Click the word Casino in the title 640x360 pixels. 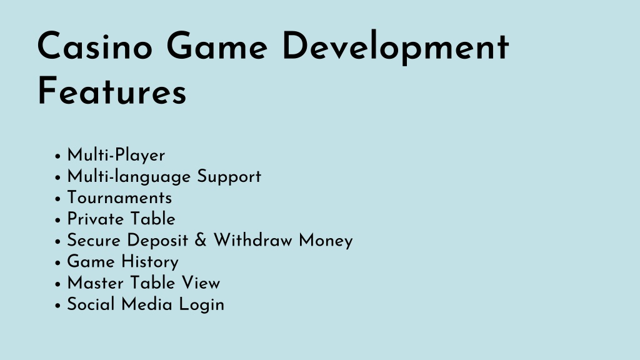pos(95,46)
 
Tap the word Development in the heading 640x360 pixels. pos(396,48)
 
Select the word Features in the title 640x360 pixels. pos(112,91)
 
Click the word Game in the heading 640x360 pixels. pos(217,46)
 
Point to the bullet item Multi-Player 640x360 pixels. pos(116,156)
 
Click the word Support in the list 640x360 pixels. pos(229,177)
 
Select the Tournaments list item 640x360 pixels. pos(119,198)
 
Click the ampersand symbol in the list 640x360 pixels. pos(201,241)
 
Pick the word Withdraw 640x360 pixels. pos(253,241)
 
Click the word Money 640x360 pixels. pos(326,241)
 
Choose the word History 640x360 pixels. pos(150,262)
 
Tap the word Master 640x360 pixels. pos(95,283)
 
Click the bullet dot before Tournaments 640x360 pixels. pos(57,199)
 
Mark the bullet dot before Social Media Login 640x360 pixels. pos(57,305)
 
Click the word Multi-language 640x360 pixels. pos(129,177)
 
